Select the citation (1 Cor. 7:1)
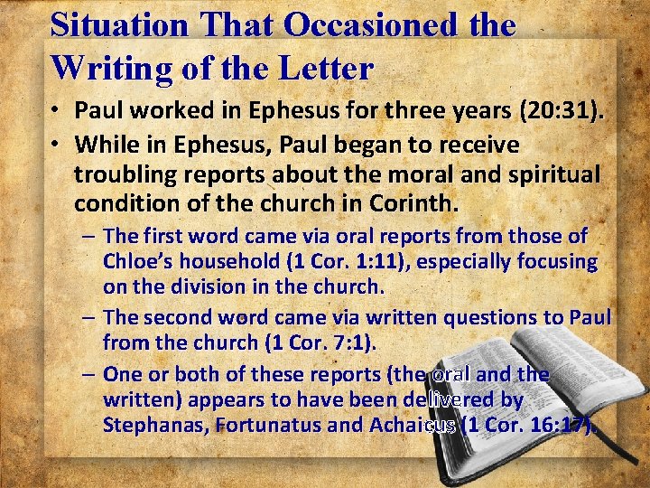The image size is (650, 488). [x=323, y=343]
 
